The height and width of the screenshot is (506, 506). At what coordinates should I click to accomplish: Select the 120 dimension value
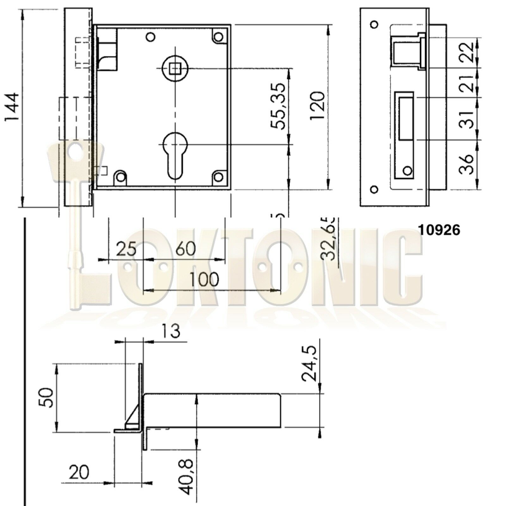click(317, 106)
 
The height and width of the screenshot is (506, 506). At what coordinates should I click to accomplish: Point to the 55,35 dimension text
click(278, 106)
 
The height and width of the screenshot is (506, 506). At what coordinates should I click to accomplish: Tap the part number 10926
click(439, 230)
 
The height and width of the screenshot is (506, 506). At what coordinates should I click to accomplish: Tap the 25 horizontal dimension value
click(126, 249)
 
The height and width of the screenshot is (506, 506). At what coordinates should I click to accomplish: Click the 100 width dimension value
click(204, 279)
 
